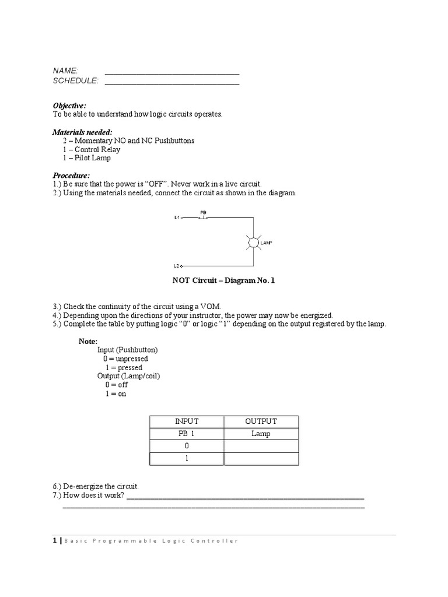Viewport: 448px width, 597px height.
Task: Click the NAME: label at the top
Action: tap(65, 71)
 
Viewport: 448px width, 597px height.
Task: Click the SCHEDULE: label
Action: tap(76, 80)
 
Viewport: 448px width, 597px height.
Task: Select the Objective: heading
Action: tap(69, 106)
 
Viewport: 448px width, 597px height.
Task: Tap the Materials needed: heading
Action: tap(83, 132)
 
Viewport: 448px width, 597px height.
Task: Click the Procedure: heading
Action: tap(71, 175)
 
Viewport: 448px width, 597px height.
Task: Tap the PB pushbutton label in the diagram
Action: tap(203, 213)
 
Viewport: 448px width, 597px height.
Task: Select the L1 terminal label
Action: tap(177, 218)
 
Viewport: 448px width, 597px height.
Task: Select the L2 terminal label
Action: tap(177, 266)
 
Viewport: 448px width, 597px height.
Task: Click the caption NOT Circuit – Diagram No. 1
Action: tap(223, 280)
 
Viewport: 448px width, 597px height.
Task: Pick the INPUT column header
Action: tap(187, 421)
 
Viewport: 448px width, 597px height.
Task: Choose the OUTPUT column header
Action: tap(261, 421)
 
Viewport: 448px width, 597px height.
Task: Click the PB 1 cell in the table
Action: tap(187, 434)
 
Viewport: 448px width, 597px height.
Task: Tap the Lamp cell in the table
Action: tap(261, 434)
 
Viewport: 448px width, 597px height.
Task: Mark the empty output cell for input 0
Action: tap(261, 446)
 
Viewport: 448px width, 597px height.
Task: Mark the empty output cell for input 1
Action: tap(261, 459)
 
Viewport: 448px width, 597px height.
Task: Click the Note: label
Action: tap(89, 341)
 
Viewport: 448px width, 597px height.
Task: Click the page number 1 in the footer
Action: tap(55, 541)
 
